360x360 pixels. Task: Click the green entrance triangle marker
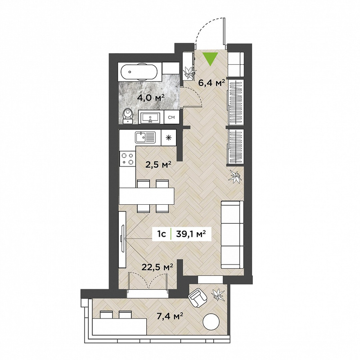pos(211,59)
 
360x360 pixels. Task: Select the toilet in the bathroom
pos(128,116)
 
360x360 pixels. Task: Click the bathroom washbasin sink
pos(151,117)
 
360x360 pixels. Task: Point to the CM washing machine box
pos(171,117)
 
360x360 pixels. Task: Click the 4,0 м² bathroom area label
pos(151,98)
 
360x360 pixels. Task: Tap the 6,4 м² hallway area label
pos(211,82)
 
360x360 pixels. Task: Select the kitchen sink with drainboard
pos(145,137)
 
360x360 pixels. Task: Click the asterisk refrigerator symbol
pos(168,138)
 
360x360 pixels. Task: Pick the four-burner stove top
pos(127,159)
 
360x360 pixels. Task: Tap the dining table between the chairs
pos(147,196)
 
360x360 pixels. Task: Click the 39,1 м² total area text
pos(190,234)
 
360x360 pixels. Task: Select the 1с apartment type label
pos(162,234)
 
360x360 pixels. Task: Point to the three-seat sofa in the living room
pos(232,234)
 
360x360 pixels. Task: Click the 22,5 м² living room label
pos(157,267)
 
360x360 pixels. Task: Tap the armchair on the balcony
pos(198,298)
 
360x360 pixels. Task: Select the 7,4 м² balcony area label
pos(170,317)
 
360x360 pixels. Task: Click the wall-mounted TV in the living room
pos(122,239)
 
